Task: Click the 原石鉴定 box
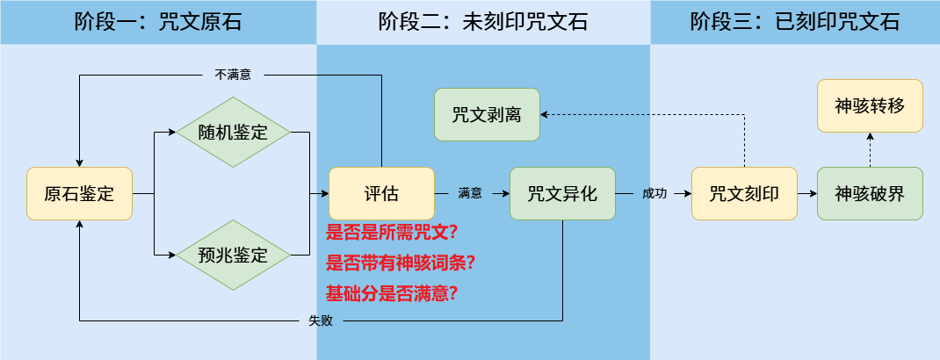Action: pyautogui.click(x=79, y=193)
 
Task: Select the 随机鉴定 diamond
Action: pyautogui.click(x=233, y=133)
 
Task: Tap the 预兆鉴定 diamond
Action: pyautogui.click(x=233, y=255)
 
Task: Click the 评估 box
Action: pyautogui.click(x=381, y=193)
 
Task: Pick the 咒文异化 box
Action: pyautogui.click(x=562, y=193)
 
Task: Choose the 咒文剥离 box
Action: pyautogui.click(x=488, y=114)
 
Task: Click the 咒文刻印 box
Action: pyautogui.click(x=744, y=193)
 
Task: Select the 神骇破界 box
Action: pyautogui.click(x=870, y=193)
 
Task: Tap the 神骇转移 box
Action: pyautogui.click(x=870, y=106)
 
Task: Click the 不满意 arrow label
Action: pyautogui.click(x=233, y=75)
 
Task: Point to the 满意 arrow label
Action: pyautogui.click(x=470, y=193)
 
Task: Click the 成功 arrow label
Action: pyautogui.click(x=654, y=193)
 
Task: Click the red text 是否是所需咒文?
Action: pyautogui.click(x=392, y=234)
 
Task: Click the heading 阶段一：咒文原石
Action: pyautogui.click(x=158, y=22)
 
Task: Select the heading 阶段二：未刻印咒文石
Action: pyautogui.click(x=483, y=22)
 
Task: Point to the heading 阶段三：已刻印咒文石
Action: pyautogui.click(x=795, y=22)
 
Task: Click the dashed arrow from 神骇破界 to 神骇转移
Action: pyautogui.click(x=870, y=150)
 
